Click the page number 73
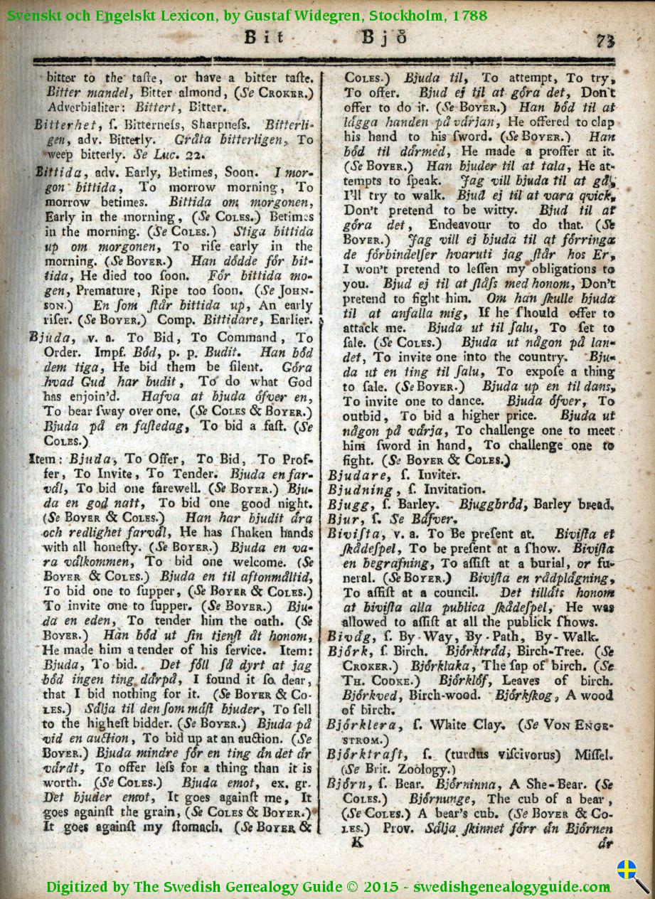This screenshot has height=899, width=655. click(605, 40)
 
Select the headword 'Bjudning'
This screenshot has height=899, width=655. click(361, 489)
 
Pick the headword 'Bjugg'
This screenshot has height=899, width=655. click(346, 505)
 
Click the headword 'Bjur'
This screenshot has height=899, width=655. click(342, 519)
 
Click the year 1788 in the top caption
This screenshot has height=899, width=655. click(468, 14)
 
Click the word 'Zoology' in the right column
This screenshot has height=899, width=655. click(425, 770)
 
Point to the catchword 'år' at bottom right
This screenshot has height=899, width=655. click(605, 844)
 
